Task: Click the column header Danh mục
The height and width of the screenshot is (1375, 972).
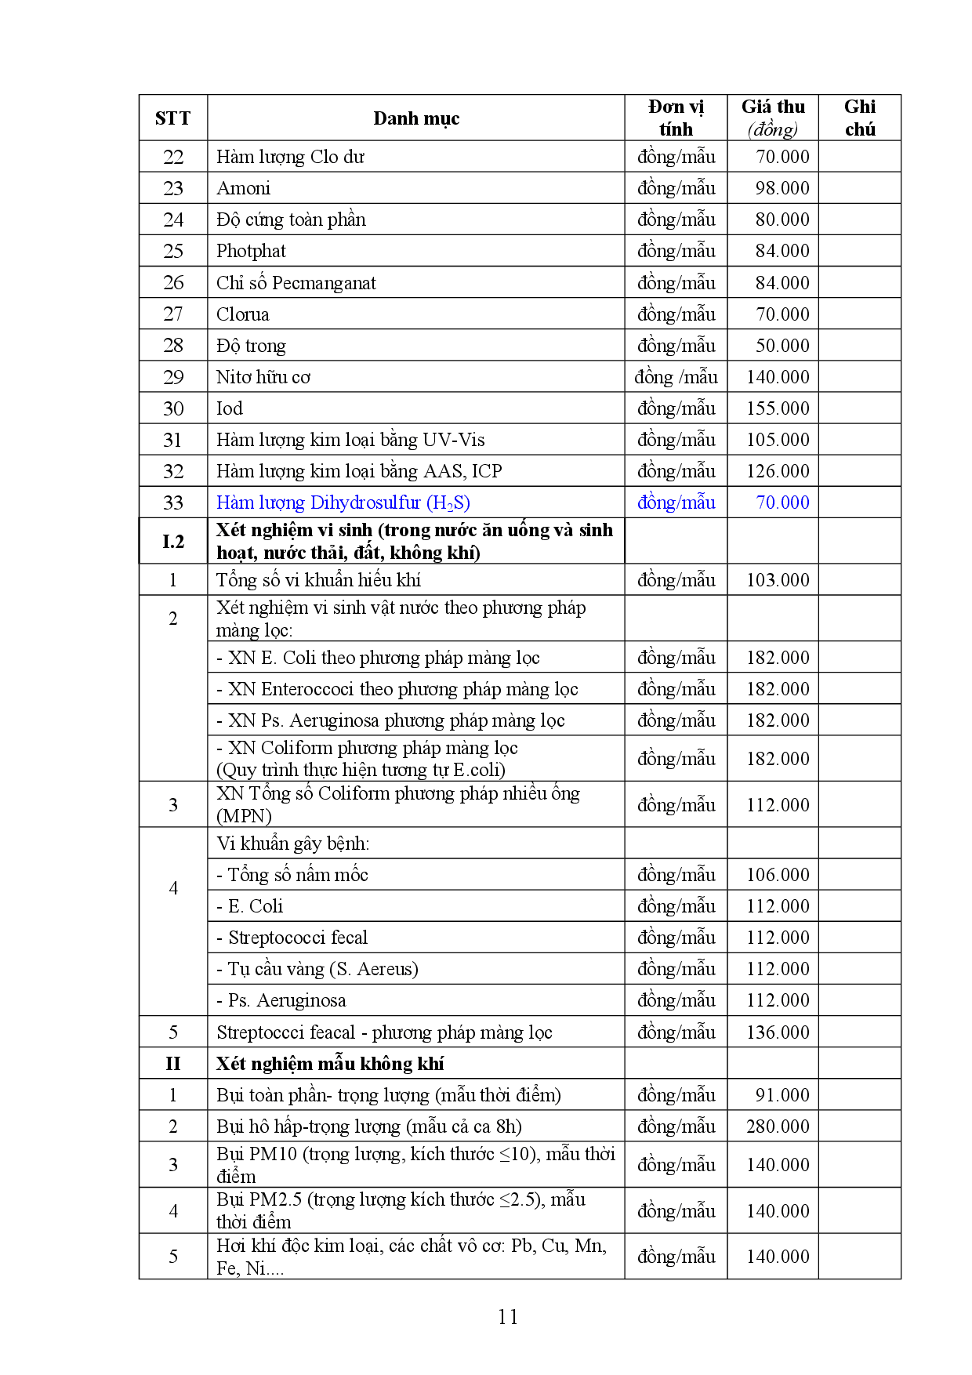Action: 416,118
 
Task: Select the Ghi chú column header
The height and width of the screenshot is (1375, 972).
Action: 860,118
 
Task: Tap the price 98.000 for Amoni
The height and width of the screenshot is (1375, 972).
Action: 782,188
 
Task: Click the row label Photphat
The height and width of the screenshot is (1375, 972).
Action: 251,251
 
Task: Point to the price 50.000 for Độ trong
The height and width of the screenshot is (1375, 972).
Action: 782,346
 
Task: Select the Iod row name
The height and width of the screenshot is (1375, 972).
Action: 230,408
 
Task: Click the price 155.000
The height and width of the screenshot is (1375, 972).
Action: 778,408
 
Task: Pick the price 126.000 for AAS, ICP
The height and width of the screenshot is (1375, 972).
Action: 778,471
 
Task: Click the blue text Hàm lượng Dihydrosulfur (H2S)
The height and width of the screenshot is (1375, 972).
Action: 343,502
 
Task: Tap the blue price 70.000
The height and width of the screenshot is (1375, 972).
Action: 782,502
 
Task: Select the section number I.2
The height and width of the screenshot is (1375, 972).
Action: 173,541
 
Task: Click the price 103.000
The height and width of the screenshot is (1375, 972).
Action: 778,580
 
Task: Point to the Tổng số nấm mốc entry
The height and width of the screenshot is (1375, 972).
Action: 292,875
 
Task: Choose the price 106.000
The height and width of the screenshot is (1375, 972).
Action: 778,875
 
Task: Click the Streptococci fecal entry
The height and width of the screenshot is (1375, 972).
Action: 292,938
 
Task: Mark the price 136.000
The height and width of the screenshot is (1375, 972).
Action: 778,1032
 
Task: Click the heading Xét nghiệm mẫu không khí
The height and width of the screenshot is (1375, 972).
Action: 330,1064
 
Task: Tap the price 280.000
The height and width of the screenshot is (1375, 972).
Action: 778,1126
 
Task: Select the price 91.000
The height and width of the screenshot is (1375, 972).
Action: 782,1095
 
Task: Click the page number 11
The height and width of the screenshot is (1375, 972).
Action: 508,1317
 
